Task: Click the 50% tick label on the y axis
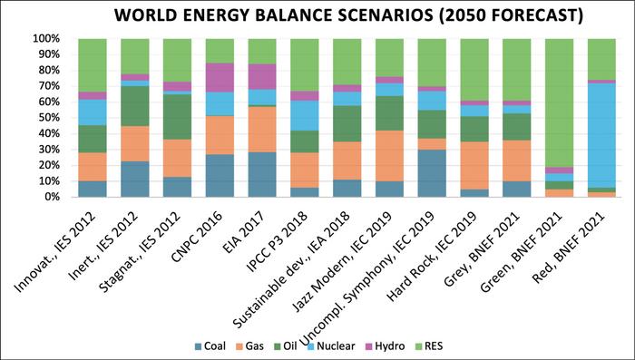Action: pyautogui.click(x=47, y=118)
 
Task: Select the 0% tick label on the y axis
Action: pyautogui.click(x=50, y=197)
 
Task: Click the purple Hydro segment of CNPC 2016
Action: pyautogui.click(x=220, y=77)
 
